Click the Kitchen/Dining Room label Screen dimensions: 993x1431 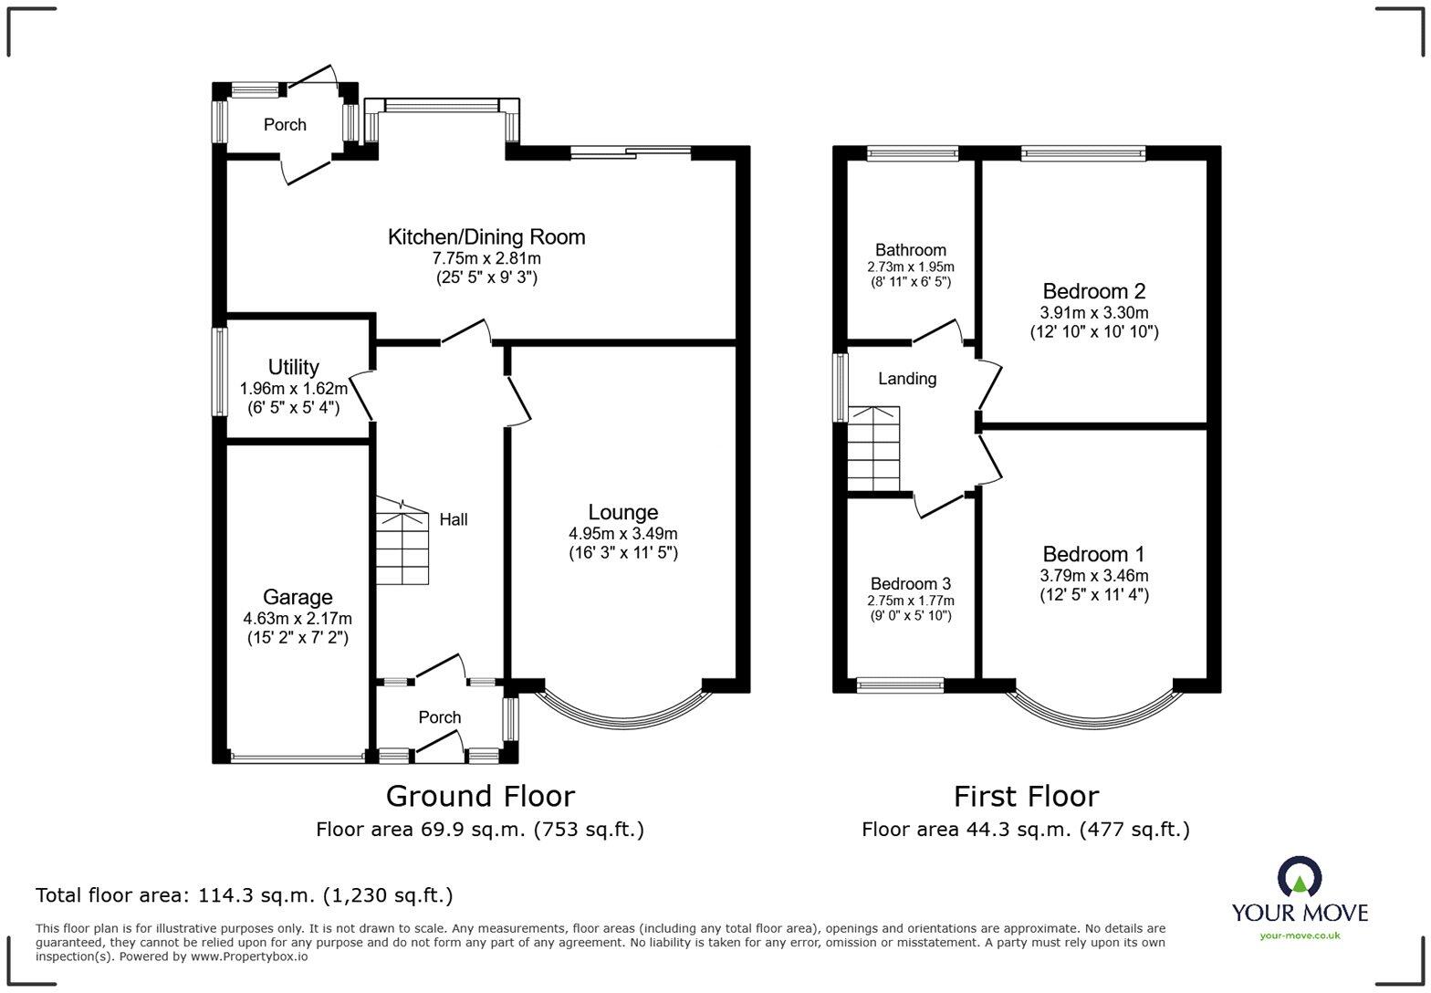point(486,237)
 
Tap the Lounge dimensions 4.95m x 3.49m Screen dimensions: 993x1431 point(622,534)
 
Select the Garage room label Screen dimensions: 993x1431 point(298,598)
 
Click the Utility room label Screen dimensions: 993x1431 point(293,367)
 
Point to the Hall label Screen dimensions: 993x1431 point(454,519)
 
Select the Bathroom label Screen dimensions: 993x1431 point(910,250)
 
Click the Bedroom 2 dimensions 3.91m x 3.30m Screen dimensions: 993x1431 point(1093,313)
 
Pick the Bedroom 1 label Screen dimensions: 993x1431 point(1093,554)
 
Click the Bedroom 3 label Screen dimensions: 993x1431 point(910,584)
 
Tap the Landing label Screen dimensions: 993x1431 point(907,379)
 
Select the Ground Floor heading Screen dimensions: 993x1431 point(480,796)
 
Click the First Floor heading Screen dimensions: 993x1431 point(1026,796)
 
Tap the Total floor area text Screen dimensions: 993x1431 point(244,895)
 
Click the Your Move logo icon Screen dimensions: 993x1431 point(1299,877)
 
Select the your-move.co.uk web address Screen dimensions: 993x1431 point(1300,935)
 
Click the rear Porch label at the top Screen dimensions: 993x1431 point(285,125)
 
